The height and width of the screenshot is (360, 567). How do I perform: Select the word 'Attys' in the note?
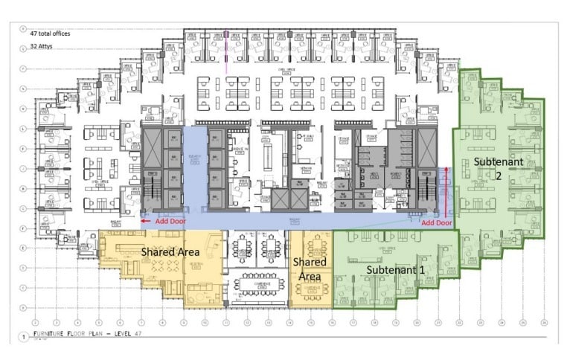[x=49, y=46]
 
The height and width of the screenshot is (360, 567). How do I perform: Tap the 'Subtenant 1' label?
[x=395, y=270]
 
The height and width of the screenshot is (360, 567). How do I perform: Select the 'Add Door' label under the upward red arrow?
[x=436, y=222]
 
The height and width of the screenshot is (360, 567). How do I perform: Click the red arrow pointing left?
[x=146, y=221]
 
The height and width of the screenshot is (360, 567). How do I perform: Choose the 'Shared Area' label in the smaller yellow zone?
[x=306, y=269]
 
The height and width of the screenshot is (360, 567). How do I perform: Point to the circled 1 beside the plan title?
[x=24, y=338]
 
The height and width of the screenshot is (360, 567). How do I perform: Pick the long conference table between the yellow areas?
[x=260, y=283]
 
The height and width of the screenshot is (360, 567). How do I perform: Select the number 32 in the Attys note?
[x=34, y=46]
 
